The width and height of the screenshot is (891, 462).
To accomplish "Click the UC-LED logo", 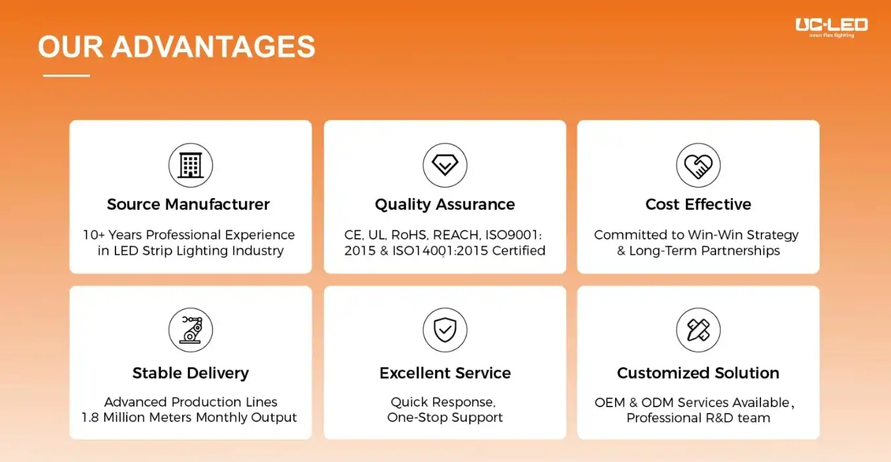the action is click(x=832, y=28).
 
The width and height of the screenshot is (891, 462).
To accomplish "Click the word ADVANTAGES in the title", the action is click(x=213, y=47).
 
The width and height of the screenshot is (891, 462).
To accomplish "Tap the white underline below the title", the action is click(x=67, y=75).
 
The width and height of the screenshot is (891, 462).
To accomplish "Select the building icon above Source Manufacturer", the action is click(x=191, y=165).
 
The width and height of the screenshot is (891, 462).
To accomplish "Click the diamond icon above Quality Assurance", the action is click(x=445, y=165).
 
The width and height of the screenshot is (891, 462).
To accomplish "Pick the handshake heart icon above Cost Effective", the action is click(x=698, y=165).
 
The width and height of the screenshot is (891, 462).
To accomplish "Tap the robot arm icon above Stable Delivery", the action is click(x=191, y=330).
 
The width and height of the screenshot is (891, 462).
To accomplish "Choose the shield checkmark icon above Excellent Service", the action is click(x=445, y=330).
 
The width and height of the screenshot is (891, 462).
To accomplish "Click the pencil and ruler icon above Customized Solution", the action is click(x=698, y=330).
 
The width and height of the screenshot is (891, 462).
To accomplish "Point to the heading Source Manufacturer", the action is click(x=188, y=204).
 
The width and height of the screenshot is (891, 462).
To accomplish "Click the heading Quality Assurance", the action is click(x=445, y=205).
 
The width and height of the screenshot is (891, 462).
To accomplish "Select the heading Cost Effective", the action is click(x=698, y=204).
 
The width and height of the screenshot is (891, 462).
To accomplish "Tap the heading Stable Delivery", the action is click(x=191, y=374).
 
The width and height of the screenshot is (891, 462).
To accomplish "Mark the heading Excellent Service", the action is click(x=445, y=373).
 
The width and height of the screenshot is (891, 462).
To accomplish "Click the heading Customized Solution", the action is click(x=698, y=373).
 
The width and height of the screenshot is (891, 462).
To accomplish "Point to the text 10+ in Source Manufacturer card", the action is click(x=93, y=235).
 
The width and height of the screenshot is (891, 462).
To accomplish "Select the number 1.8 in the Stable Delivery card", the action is click(x=90, y=417).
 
